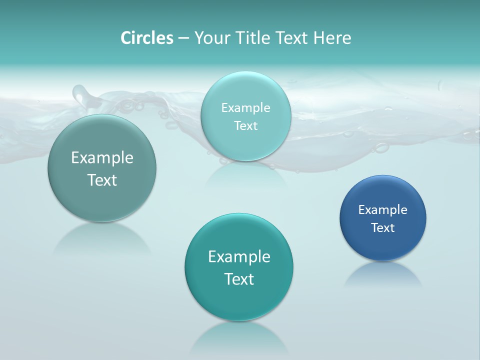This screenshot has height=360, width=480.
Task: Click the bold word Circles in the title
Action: pyautogui.click(x=147, y=38)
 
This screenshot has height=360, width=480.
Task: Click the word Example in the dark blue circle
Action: pyautogui.click(x=383, y=210)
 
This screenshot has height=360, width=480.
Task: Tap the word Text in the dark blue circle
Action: pyautogui.click(x=383, y=228)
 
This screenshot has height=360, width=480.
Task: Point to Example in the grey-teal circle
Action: pyautogui.click(x=102, y=158)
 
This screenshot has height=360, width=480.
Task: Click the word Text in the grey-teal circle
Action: pyautogui.click(x=102, y=180)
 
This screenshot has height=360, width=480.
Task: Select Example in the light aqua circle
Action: pyautogui.click(x=246, y=108)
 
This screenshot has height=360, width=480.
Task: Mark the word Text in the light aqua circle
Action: pyautogui.click(x=246, y=126)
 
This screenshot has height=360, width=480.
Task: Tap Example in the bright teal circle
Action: pyautogui.click(x=239, y=257)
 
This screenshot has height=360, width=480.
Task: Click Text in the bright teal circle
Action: pyautogui.click(x=239, y=279)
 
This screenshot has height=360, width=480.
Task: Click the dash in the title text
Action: pyautogui.click(x=183, y=38)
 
